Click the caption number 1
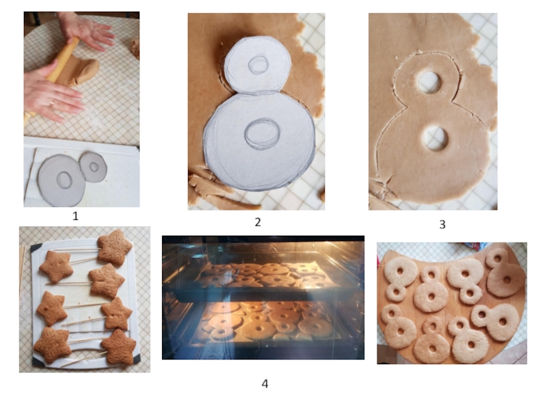point(75,216)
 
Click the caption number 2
point(258,222)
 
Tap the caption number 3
point(442,225)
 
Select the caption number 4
point(265,384)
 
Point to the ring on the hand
point(53,103)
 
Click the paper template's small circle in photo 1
point(93,167)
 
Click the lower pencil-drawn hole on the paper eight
point(263,133)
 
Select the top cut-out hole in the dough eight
point(429,81)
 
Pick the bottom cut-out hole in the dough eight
point(436,139)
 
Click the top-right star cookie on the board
point(114,247)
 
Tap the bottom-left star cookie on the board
point(53,345)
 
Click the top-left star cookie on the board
point(56,266)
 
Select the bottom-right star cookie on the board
point(118,346)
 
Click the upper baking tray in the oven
point(267,275)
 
